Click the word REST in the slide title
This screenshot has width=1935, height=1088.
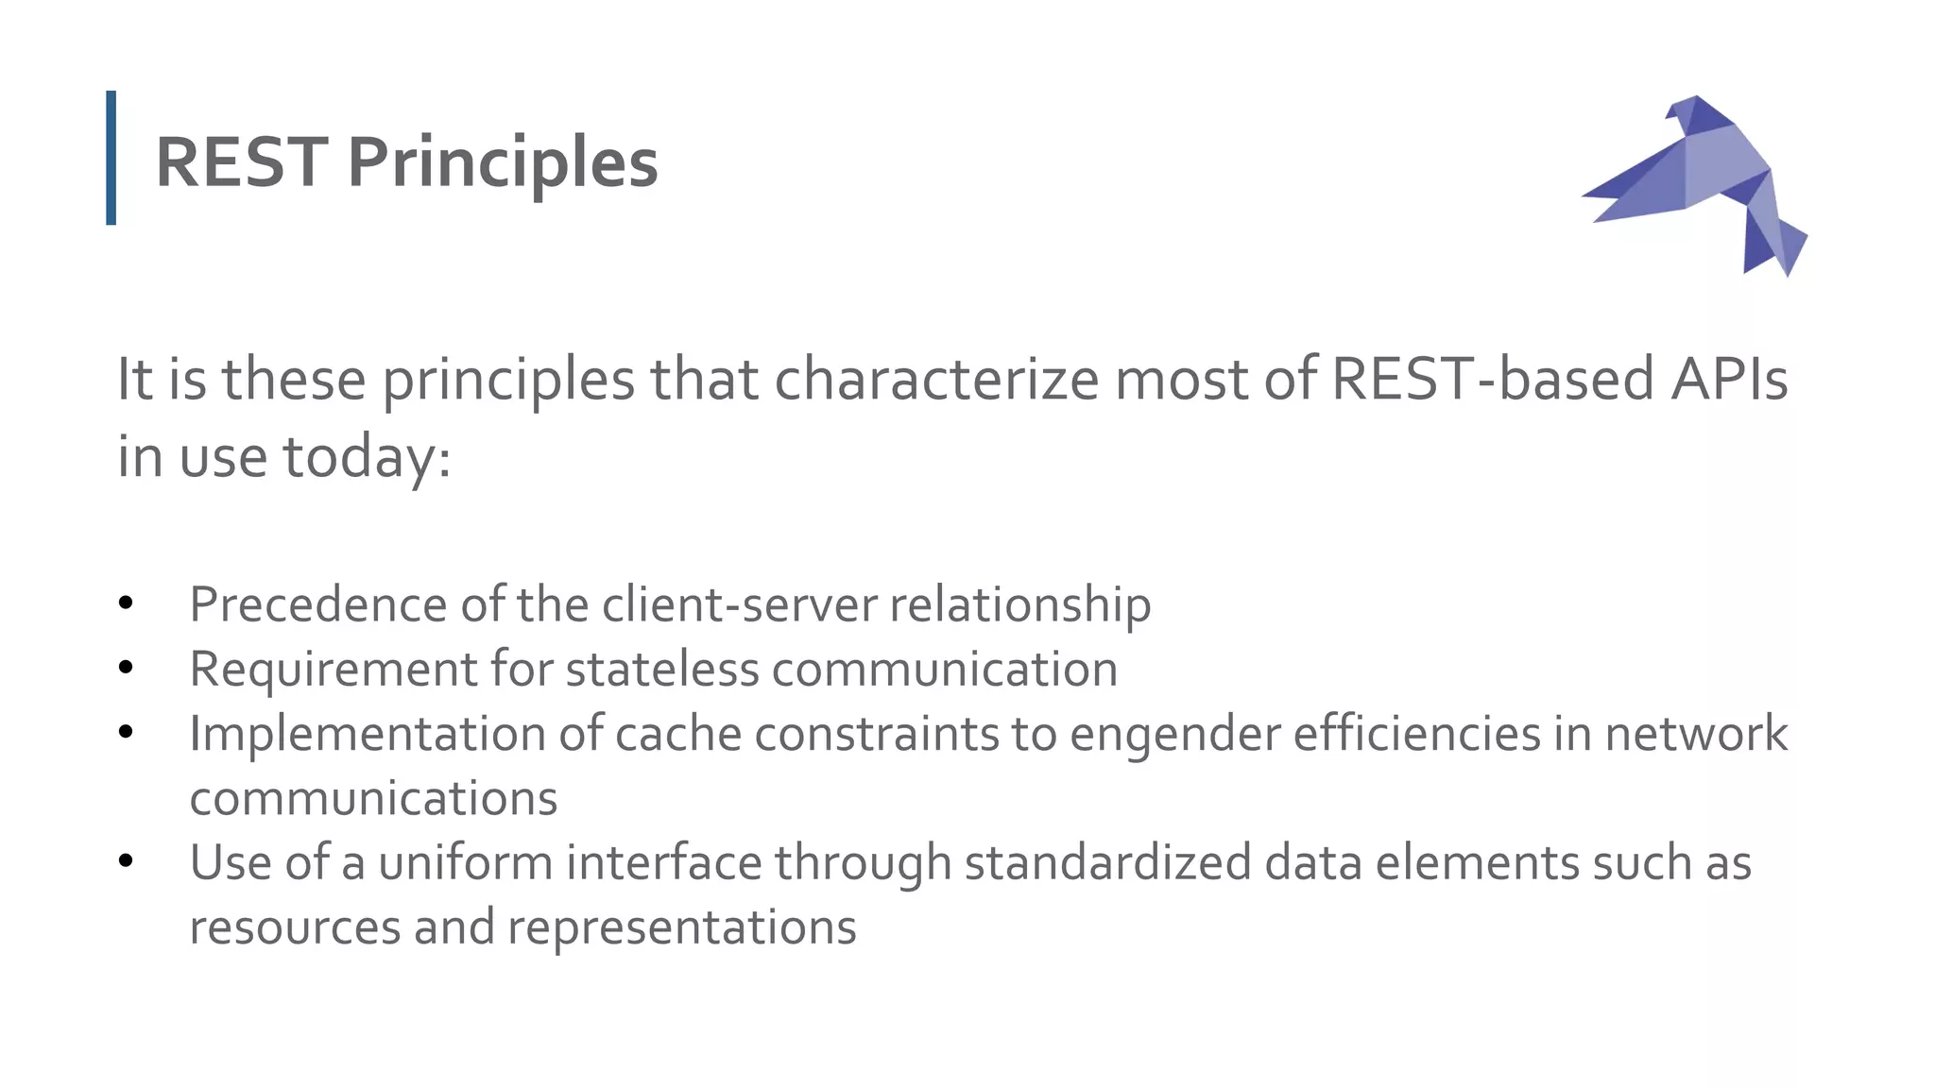(242, 162)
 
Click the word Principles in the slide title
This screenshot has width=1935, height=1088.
(502, 162)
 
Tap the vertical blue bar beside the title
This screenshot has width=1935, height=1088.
(111, 158)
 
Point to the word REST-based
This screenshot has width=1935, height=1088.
(1493, 380)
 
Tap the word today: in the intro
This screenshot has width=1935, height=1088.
(367, 457)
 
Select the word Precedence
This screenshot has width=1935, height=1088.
(318, 604)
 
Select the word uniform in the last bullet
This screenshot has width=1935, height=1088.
(465, 862)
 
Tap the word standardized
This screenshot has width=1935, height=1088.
(1107, 862)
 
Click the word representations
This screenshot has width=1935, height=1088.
(681, 926)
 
